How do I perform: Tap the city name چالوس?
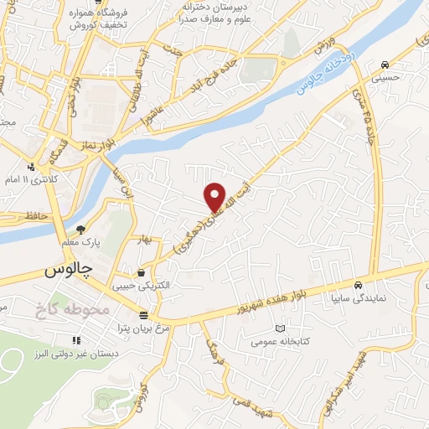click(66, 271)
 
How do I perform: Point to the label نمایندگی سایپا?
click(359, 296)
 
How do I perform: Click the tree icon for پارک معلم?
click(81, 229)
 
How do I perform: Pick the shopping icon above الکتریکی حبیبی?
click(140, 273)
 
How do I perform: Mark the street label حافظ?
click(40, 215)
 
